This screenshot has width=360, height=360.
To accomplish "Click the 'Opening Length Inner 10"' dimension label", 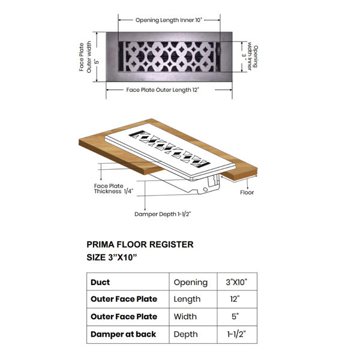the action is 169,20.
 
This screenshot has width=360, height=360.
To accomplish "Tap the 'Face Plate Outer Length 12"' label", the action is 163,90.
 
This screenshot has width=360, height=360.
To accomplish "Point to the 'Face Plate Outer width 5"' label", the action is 89,57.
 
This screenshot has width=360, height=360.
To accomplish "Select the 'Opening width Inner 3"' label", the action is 250,56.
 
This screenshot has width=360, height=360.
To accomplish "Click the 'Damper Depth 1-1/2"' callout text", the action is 163,214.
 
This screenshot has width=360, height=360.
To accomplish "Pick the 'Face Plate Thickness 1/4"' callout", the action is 113,189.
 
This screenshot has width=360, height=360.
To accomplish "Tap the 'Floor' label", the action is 247,193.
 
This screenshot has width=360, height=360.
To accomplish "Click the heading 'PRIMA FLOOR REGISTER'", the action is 140,245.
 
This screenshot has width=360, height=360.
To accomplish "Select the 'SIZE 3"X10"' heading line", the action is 112,257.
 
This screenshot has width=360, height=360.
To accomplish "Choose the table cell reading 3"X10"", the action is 236,282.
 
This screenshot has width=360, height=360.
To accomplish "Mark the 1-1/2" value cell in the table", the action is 237,334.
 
